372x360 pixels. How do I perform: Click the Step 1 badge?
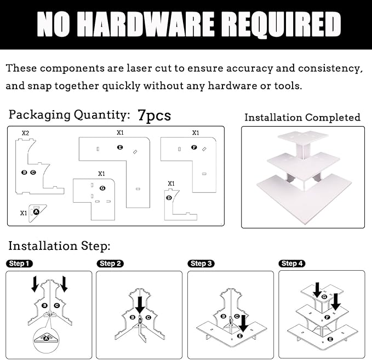click(x=19, y=264)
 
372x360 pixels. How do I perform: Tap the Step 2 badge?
click(x=110, y=264)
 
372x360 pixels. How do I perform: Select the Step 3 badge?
click(x=201, y=264)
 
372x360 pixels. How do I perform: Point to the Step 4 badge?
click(x=292, y=264)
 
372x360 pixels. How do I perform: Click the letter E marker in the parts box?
click(x=120, y=147)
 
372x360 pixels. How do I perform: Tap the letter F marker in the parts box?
click(x=194, y=147)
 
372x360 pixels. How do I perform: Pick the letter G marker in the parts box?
click(x=102, y=188)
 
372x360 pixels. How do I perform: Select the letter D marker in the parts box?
click(x=169, y=198)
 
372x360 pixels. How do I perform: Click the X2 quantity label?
click(x=25, y=133)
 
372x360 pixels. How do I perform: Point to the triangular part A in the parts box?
click(x=37, y=213)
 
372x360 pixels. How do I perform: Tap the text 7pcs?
click(x=154, y=115)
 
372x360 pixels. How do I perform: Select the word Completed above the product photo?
click(x=333, y=117)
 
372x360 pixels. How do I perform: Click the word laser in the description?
click(x=139, y=68)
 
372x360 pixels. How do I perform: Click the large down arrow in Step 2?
click(x=140, y=305)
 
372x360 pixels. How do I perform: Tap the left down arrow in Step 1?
click(x=35, y=284)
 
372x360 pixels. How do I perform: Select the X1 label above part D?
click(x=171, y=184)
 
